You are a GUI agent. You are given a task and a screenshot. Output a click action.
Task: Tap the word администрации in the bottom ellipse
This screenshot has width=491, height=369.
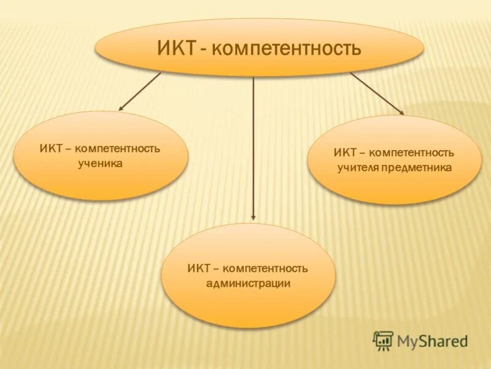pos(248,284)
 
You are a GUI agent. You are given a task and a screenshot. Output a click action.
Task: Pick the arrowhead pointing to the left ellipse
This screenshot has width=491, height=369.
pos(122,108)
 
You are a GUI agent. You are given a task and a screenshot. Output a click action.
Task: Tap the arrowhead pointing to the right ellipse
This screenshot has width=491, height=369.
pos(401,113)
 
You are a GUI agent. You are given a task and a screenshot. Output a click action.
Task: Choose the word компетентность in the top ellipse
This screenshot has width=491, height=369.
pos(286,48)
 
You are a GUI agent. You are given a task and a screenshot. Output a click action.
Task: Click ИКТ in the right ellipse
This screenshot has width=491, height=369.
pos(344,152)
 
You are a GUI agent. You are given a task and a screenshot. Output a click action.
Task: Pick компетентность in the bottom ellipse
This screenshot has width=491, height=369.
pos(266,269)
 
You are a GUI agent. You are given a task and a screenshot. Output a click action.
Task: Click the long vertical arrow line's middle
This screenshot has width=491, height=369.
pos(253,148)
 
